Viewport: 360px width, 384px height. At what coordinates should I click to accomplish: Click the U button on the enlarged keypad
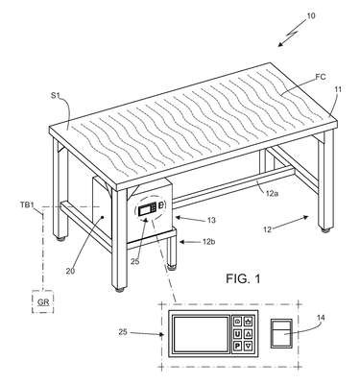(237, 334)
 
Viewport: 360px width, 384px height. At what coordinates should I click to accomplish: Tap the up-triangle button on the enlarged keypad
(249, 334)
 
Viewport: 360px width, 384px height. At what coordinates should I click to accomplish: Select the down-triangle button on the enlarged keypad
(249, 346)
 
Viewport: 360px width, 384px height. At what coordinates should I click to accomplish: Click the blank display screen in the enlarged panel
(201, 333)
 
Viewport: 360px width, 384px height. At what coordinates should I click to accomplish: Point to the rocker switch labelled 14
(281, 333)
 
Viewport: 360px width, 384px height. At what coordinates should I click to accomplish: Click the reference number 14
(321, 318)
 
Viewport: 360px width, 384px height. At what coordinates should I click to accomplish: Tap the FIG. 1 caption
(243, 278)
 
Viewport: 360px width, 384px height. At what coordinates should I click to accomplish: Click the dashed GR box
(43, 301)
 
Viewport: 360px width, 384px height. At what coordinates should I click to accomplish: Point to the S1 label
(56, 96)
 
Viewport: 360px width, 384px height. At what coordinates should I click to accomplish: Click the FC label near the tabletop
(321, 77)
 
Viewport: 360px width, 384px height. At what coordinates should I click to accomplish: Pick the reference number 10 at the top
(311, 15)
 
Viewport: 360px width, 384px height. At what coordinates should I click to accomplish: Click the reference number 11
(338, 89)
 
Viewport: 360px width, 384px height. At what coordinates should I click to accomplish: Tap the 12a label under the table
(271, 193)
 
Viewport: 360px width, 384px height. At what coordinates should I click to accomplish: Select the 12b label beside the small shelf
(208, 242)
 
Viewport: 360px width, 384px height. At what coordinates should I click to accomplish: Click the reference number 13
(211, 220)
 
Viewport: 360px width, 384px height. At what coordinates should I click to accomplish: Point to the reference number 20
(70, 271)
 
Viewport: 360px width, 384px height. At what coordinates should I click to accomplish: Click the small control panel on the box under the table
(151, 208)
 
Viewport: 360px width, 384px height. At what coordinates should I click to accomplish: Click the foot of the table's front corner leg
(120, 290)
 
